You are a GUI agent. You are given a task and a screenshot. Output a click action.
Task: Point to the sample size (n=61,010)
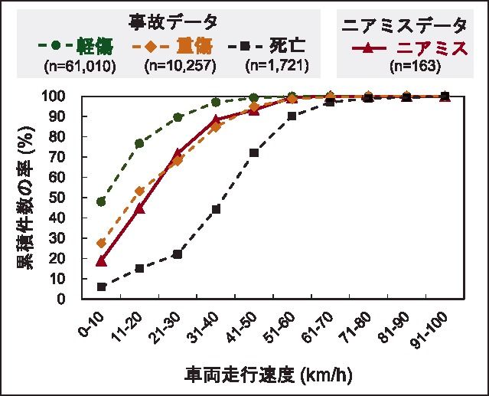(x=80, y=66)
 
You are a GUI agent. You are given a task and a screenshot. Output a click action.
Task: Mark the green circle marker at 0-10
(x=101, y=201)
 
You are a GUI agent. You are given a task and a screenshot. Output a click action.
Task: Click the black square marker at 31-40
(x=216, y=209)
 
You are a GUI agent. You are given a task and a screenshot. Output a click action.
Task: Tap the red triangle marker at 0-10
(x=101, y=260)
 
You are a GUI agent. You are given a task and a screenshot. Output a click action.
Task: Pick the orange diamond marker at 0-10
(x=101, y=243)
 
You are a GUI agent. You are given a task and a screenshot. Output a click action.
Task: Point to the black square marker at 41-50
(x=254, y=152)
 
